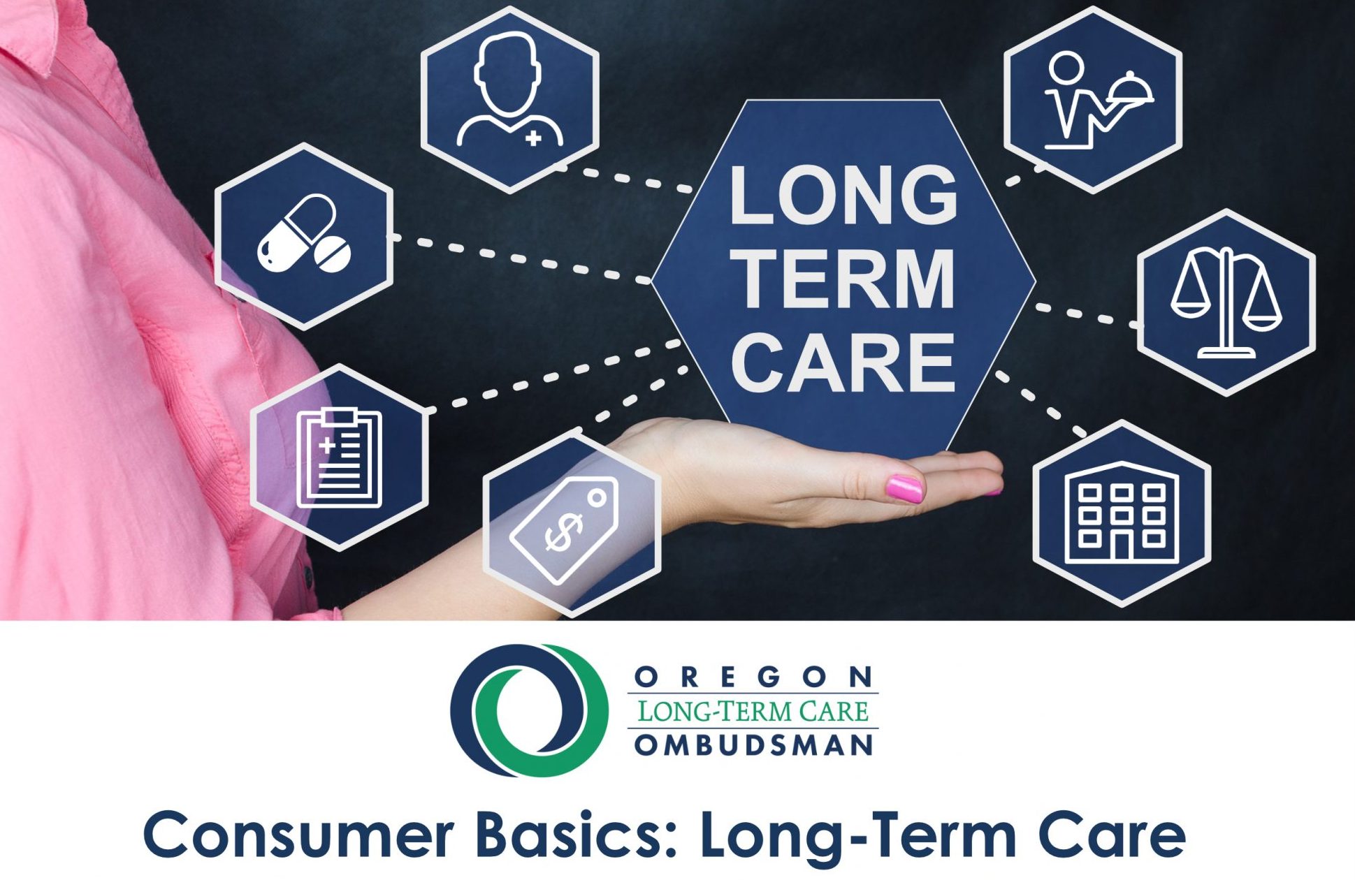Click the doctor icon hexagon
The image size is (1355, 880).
click(510, 99)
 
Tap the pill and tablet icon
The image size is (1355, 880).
click(305, 233)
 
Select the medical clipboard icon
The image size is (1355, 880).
click(340, 457)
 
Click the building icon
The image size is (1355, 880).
click(1122, 513)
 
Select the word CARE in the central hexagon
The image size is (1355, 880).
click(843, 362)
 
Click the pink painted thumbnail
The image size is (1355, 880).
click(904, 488)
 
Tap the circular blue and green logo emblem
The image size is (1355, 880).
click(529, 710)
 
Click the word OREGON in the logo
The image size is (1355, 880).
click(753, 676)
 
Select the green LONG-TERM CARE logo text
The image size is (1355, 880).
click(753, 711)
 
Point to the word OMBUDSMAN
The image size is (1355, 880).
click(754, 745)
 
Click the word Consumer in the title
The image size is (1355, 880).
click(298, 835)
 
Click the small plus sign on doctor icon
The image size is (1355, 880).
click(533, 138)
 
